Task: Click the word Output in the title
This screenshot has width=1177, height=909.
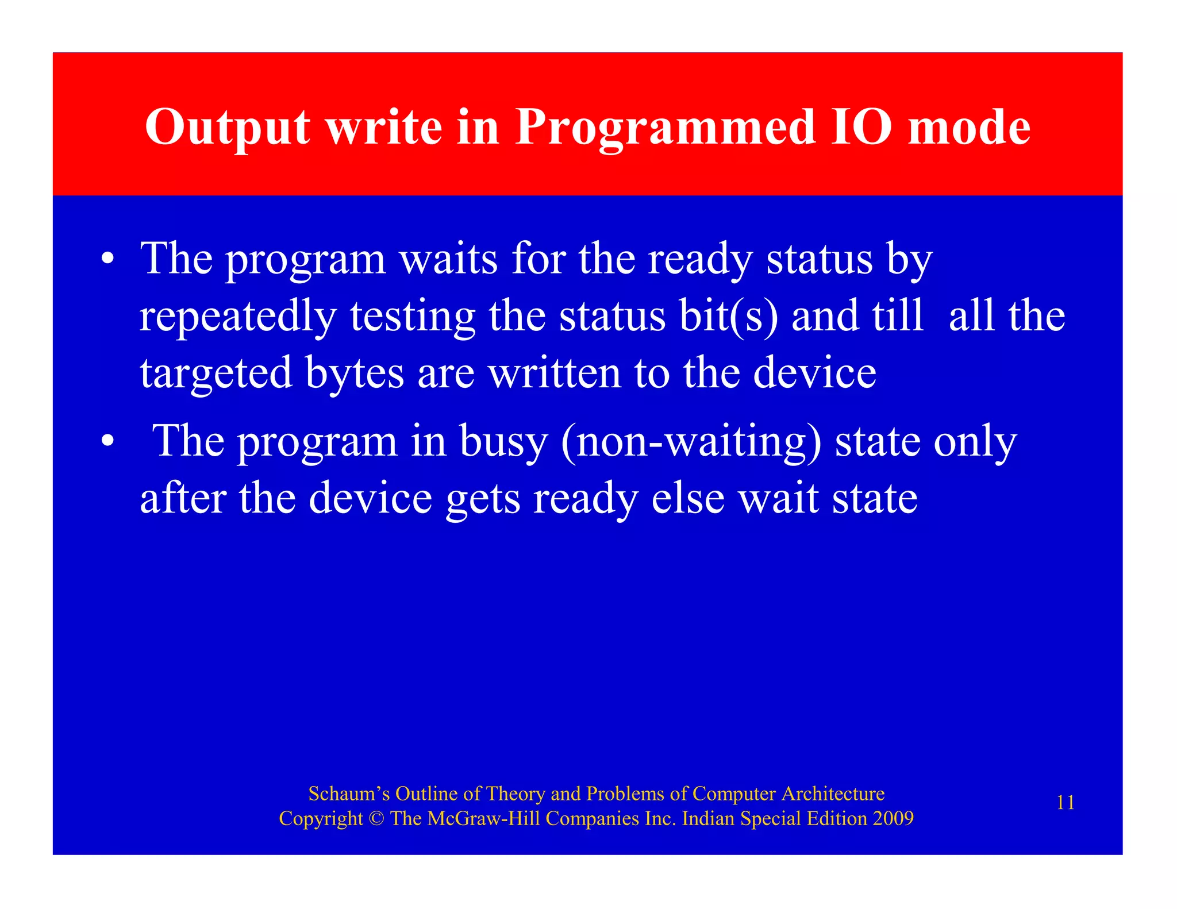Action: [x=228, y=128]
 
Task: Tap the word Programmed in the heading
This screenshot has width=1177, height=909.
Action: [x=665, y=128]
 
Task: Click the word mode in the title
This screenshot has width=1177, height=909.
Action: [x=970, y=128]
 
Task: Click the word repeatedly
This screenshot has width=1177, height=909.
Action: [x=237, y=317]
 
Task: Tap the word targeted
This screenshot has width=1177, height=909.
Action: [x=216, y=374]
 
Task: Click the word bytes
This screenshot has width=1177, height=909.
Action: [x=355, y=374]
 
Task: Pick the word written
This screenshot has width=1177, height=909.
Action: [x=555, y=373]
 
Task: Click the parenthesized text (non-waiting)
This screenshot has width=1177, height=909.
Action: [x=691, y=442]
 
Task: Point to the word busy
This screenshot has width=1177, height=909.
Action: [x=503, y=443]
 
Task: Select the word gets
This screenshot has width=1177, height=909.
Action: [x=483, y=499]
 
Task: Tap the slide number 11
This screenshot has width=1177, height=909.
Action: [x=1066, y=803]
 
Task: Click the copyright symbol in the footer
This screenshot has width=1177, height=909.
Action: [x=376, y=819]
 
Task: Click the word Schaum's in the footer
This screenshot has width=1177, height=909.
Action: [x=349, y=794]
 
